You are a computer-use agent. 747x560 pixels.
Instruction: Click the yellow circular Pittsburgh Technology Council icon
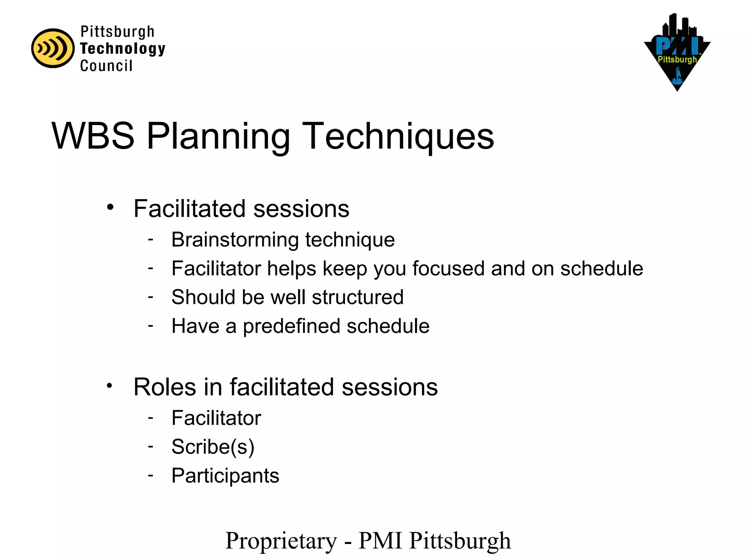(53, 48)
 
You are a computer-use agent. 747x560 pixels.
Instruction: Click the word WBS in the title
(93, 136)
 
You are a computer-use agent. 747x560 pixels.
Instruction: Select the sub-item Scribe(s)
(213, 447)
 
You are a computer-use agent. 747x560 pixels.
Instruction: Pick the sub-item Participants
(225, 476)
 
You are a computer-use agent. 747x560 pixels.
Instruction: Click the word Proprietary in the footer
(281, 541)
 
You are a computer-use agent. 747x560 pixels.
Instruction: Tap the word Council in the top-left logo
(106, 66)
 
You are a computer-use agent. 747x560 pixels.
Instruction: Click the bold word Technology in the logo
(123, 49)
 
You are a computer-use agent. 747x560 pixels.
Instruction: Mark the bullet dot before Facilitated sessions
(110, 207)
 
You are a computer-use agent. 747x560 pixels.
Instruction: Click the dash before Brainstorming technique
(151, 240)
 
